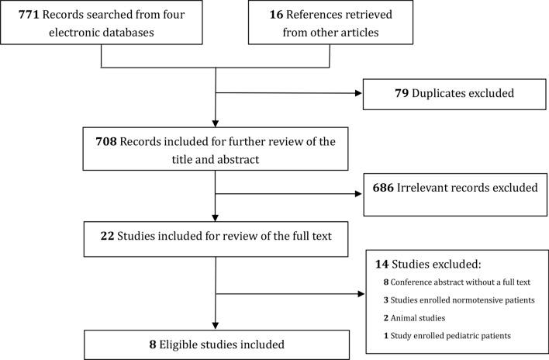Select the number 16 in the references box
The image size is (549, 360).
click(x=263, y=14)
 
